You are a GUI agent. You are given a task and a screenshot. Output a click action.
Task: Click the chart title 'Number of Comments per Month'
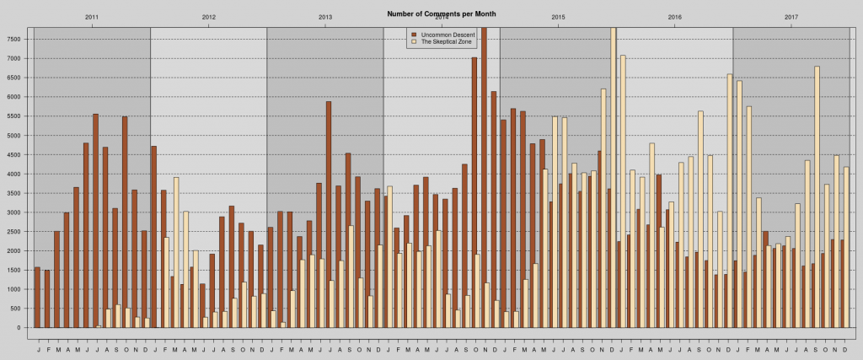click(x=441, y=14)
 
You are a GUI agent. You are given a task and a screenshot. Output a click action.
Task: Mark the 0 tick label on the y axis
click(x=21, y=328)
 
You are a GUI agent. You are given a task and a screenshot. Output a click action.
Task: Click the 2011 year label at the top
click(x=92, y=17)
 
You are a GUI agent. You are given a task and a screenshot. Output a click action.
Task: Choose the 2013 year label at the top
click(x=325, y=17)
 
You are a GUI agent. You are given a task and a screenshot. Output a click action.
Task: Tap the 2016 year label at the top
click(x=674, y=17)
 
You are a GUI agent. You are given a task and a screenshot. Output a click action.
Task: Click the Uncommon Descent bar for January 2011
click(x=37, y=298)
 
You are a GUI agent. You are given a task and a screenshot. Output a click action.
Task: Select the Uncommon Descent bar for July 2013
click(x=329, y=214)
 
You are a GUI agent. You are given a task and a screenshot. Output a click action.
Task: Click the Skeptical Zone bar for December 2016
click(x=730, y=201)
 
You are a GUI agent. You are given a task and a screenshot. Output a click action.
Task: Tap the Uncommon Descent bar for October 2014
click(x=474, y=192)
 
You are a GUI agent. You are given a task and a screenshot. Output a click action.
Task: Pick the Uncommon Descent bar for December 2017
click(x=842, y=283)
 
